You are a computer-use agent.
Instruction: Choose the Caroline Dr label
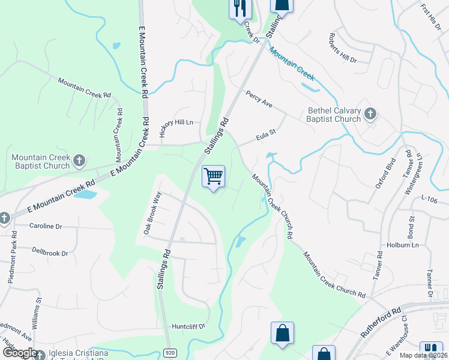click(46, 227)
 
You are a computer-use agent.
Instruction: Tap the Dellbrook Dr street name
click(50, 253)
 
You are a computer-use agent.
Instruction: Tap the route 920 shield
click(170, 353)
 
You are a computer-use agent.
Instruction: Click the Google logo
click(19, 353)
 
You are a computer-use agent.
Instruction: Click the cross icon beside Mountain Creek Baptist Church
click(79, 160)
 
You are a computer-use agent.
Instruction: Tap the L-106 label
click(431, 197)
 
